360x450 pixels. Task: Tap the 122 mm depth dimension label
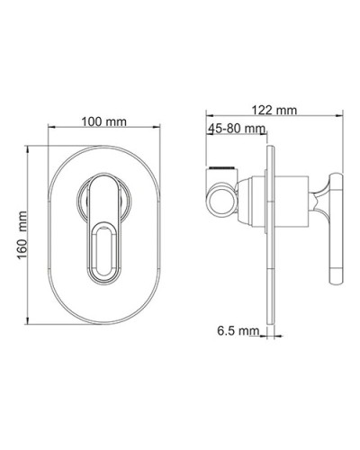[x=275, y=110]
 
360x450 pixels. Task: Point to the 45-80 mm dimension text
[x=235, y=129]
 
